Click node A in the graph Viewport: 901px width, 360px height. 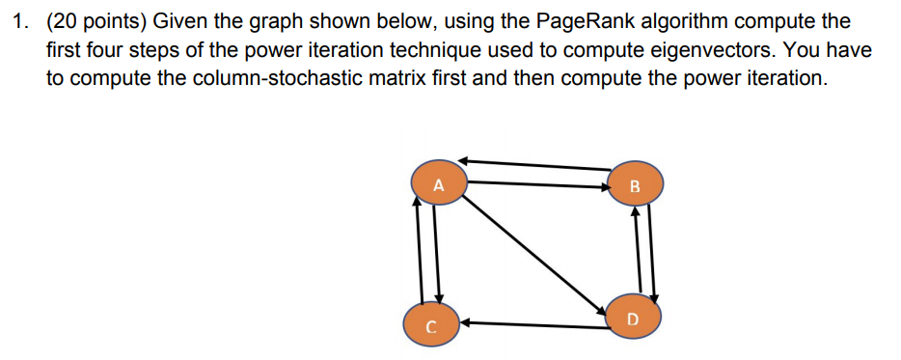pyautogui.click(x=439, y=182)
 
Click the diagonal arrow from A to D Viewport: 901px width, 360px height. pyautogui.click(x=536, y=250)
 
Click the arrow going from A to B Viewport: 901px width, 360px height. pyautogui.click(x=537, y=182)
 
